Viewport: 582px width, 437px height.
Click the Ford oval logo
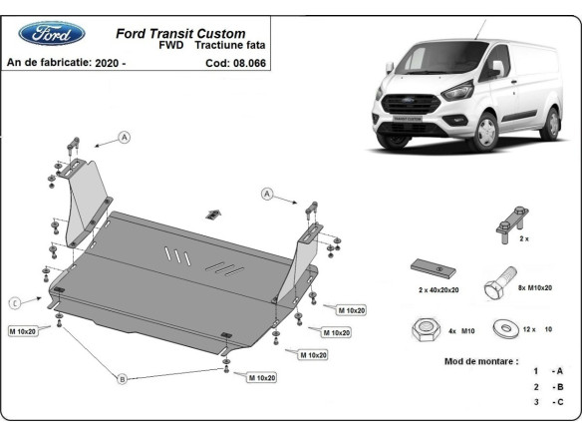click(x=45, y=33)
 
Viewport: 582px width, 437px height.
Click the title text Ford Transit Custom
click(x=181, y=33)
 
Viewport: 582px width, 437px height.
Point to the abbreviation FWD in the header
click(x=170, y=47)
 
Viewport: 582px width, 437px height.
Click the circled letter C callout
click(x=15, y=302)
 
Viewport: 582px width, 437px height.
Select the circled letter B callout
click(x=122, y=378)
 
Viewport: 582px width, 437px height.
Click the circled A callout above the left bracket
click(x=125, y=137)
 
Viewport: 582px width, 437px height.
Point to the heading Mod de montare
click(x=480, y=360)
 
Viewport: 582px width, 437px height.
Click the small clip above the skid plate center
click(x=213, y=214)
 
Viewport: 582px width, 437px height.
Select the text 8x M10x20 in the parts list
click(x=538, y=286)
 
